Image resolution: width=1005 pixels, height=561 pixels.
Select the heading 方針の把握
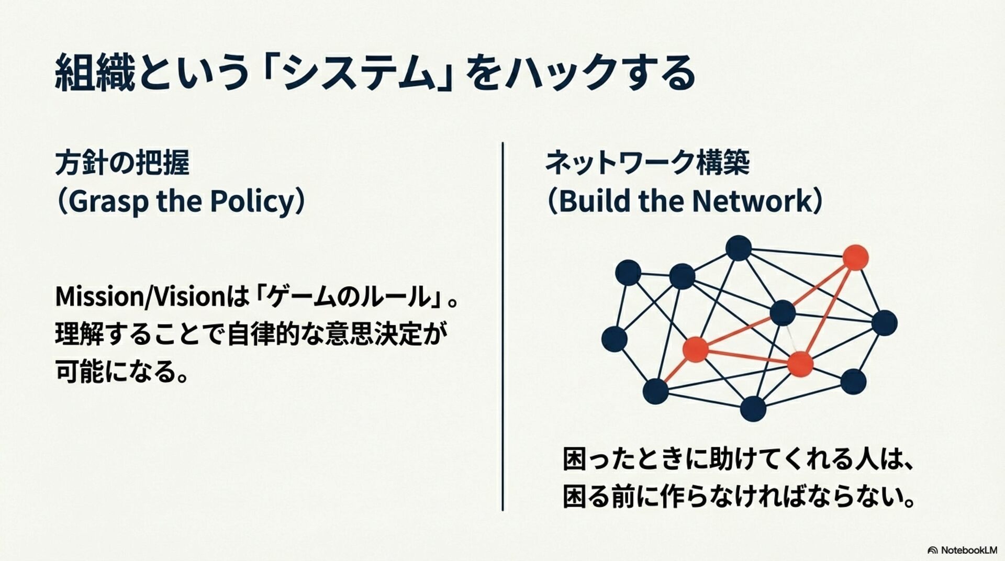pos(122,163)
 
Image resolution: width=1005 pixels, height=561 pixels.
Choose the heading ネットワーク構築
pos(647,162)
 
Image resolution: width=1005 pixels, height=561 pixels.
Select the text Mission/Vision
pos(140,297)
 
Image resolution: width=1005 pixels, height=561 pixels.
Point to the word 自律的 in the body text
pos(274,335)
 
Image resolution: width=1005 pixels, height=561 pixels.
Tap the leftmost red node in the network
pos(695,350)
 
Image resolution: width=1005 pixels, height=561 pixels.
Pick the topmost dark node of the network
pos(739,248)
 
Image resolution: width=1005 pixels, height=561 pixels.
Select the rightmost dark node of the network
pos(884,323)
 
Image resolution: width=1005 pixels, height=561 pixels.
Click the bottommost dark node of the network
pos(753,409)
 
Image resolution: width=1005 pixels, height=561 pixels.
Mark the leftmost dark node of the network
pos(615,339)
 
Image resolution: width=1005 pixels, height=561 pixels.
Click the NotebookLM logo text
pos(968,550)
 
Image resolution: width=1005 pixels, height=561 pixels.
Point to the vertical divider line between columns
pos(503,324)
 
